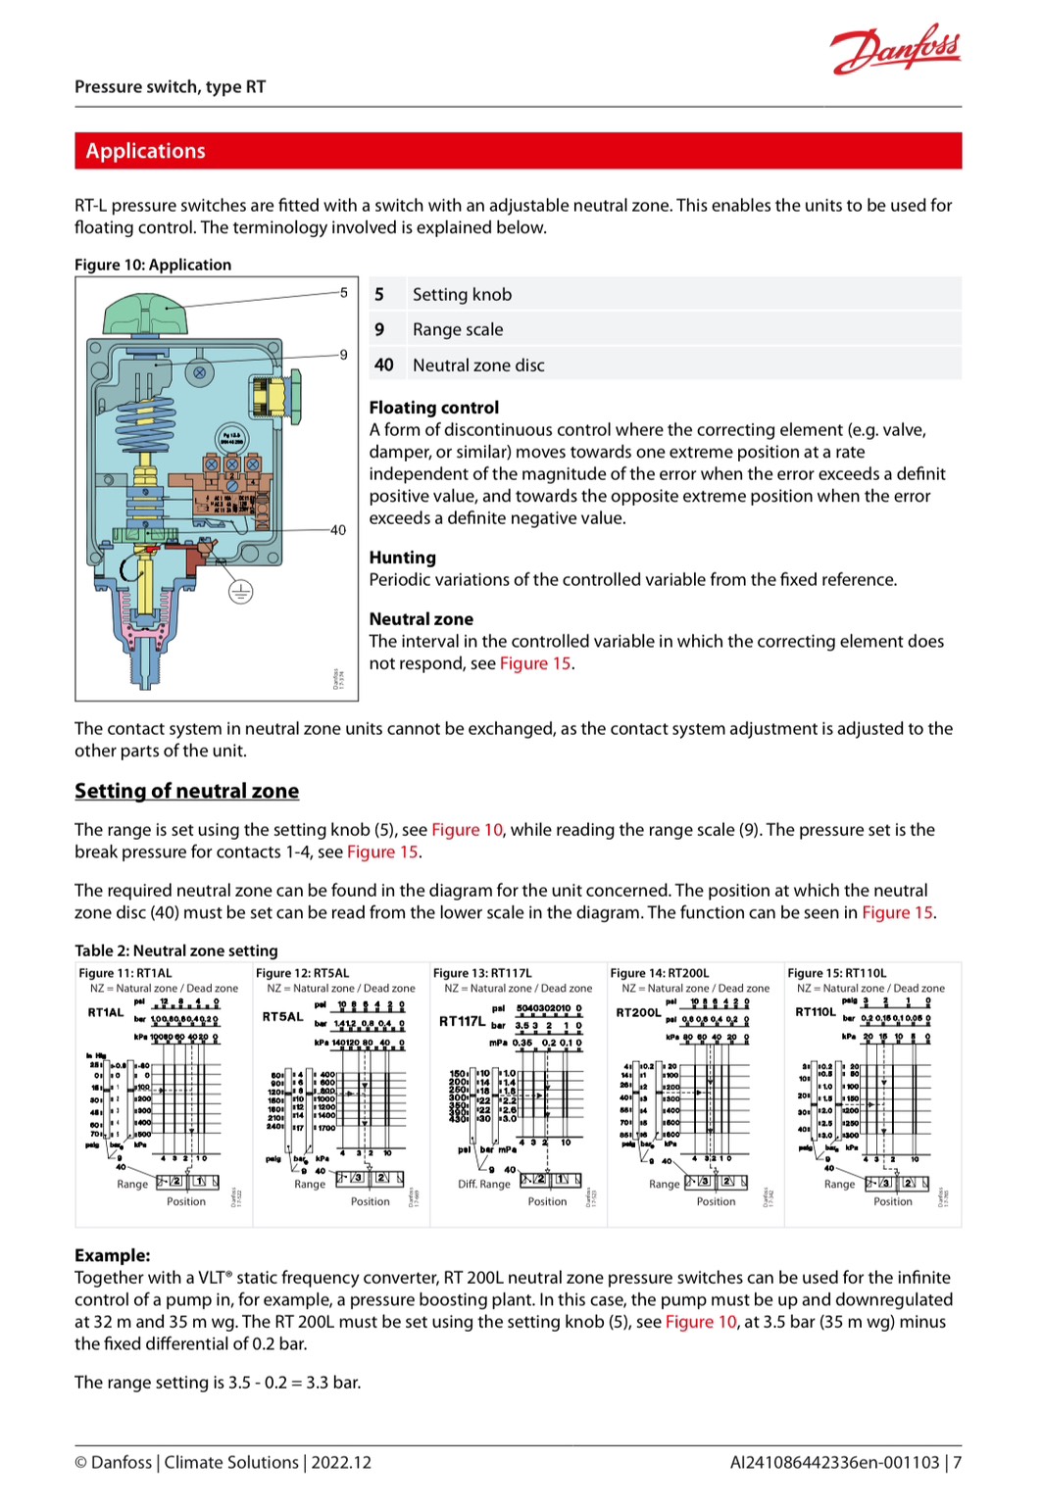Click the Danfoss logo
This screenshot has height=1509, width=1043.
pos(895,49)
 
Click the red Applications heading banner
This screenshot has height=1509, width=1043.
pos(518,151)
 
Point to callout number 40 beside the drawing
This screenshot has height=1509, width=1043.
pos(338,530)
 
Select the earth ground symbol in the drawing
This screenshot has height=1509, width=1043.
pos(240,591)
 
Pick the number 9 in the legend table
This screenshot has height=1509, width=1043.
pos(379,330)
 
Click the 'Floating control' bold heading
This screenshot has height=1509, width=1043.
pos(433,408)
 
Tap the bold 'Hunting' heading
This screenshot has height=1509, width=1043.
pos(402,558)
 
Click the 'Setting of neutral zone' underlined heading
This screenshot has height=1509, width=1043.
pos(186,791)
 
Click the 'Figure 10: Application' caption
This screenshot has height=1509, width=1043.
pos(153,265)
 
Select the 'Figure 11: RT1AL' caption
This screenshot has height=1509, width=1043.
pos(125,973)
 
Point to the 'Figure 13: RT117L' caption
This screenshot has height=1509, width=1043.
pos(482,973)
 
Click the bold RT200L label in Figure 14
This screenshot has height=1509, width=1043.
pos(638,1012)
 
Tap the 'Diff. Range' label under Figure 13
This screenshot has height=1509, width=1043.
pos(484,1184)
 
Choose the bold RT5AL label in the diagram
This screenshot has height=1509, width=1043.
pos(282,1016)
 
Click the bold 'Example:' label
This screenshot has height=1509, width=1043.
pos(113,1255)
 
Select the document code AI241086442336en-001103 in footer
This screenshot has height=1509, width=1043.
pos(834,1462)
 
